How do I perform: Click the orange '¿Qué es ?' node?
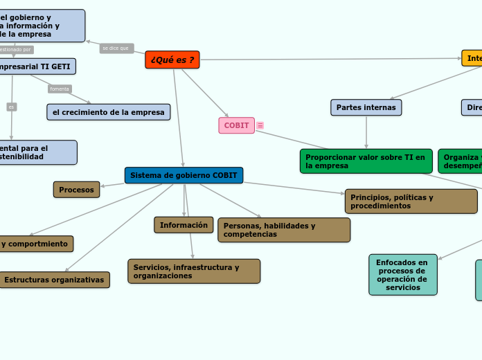172,60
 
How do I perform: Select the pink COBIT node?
236,125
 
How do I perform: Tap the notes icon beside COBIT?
260,125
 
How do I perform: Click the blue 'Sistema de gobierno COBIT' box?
184,175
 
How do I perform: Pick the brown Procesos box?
76,189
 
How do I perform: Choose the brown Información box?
184,225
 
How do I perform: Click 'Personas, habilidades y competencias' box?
284,230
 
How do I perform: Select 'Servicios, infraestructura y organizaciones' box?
194,271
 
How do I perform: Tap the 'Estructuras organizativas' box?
55,280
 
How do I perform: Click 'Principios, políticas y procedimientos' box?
411,201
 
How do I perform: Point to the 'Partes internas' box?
366,107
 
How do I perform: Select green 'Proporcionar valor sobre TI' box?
366,161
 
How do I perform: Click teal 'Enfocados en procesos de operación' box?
402,274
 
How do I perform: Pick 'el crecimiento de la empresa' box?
109,112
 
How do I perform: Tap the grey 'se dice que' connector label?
116,48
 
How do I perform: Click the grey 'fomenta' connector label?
60,89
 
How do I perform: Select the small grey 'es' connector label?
11,107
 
